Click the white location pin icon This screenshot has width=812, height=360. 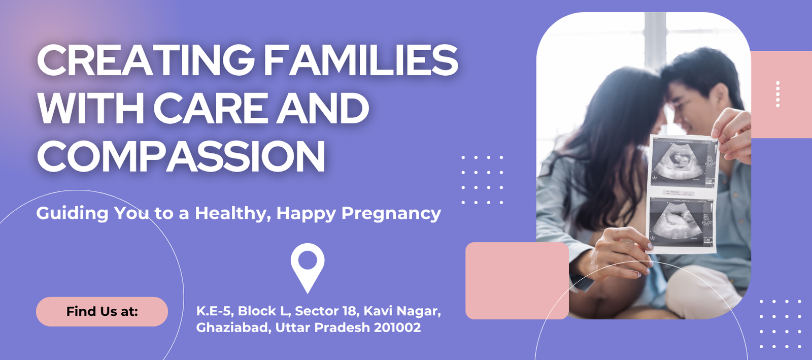click(308, 267)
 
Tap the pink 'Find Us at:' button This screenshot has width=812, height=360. click(102, 311)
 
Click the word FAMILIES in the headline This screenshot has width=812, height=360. click(361, 60)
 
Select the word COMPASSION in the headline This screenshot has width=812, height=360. click(181, 156)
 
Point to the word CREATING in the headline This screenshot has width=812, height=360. click(146, 60)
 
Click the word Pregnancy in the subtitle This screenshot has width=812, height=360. click(391, 214)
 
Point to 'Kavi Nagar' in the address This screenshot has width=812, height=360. click(402, 311)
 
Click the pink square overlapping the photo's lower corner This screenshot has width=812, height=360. click(517, 281)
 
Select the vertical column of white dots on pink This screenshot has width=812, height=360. click(777, 94)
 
